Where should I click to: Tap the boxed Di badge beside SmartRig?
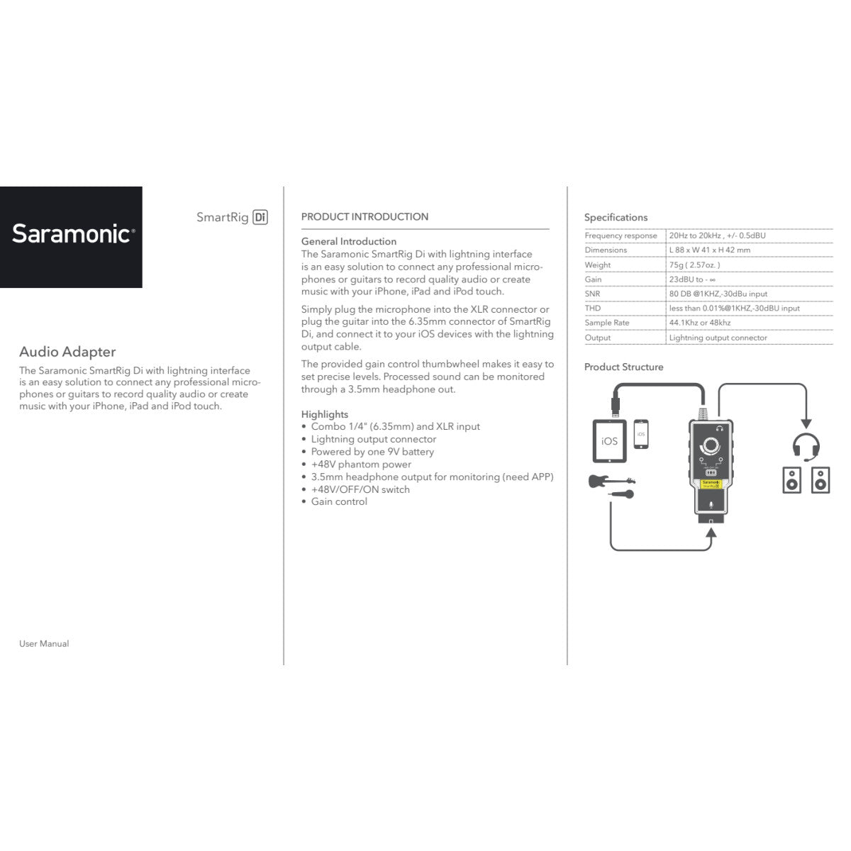pyautogui.click(x=260, y=217)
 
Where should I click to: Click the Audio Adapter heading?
pyautogui.click(x=67, y=352)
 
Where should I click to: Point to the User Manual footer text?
pyautogui.click(x=44, y=644)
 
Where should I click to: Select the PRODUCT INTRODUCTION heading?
pyautogui.click(x=365, y=217)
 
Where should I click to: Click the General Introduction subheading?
pyautogui.click(x=348, y=241)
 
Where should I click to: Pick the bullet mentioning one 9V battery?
pyautogui.click(x=372, y=452)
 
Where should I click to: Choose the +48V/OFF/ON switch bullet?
pyautogui.click(x=360, y=489)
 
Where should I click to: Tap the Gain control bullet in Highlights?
pyautogui.click(x=339, y=502)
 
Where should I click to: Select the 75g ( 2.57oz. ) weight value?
pyautogui.click(x=694, y=265)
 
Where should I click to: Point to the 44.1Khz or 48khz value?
pyautogui.click(x=699, y=323)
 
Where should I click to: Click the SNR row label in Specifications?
pyautogui.click(x=592, y=294)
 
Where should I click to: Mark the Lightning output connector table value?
pyautogui.click(x=718, y=338)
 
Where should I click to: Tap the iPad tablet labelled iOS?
pyautogui.click(x=609, y=440)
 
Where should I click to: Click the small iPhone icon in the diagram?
pyautogui.click(x=641, y=433)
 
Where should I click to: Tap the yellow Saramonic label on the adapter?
pyautogui.click(x=711, y=484)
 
